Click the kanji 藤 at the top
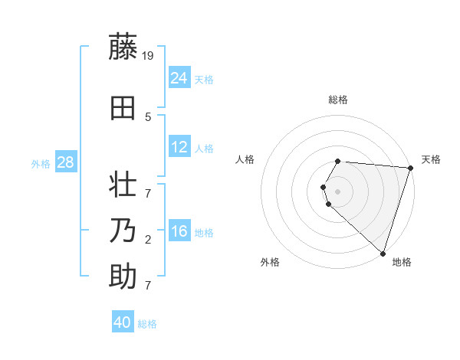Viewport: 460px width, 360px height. (123, 47)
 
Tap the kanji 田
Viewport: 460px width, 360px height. (123, 108)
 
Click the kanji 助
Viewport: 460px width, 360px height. (123, 277)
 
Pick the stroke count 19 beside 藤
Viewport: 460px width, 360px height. (149, 56)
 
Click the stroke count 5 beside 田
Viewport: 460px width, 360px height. (148, 117)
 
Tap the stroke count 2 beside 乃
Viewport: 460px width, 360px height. (148, 240)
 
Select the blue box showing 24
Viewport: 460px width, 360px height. (179, 78)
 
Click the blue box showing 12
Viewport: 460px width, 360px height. (179, 147)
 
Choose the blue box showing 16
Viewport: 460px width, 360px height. (179, 231)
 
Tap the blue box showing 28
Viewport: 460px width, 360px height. (65, 162)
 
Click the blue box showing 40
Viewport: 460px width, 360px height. (123, 322)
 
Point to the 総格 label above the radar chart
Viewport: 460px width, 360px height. (338, 100)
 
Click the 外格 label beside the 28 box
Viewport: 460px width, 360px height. (41, 163)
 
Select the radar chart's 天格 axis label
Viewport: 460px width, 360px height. (431, 159)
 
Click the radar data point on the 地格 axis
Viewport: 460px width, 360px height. (383, 253)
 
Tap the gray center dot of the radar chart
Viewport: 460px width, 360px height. (338, 191)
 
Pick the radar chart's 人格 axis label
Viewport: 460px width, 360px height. (245, 159)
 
